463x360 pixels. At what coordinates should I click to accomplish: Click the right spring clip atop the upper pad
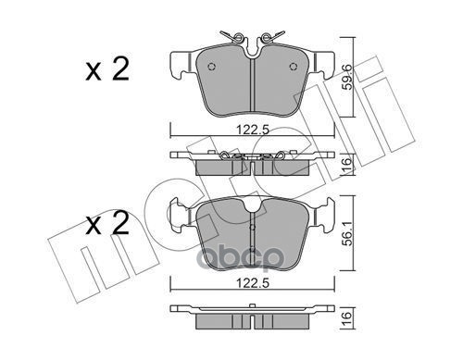[269, 39]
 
